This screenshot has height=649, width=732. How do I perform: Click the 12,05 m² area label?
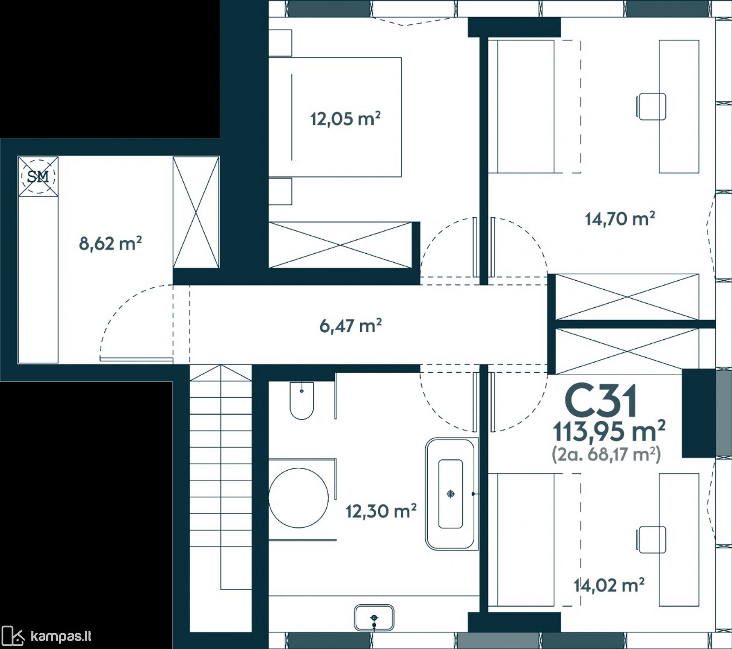[x=346, y=119]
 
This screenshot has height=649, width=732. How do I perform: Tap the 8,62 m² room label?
[x=111, y=243]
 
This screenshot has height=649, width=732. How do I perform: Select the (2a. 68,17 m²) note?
[x=606, y=455]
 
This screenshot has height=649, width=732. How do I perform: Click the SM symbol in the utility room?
[x=38, y=176]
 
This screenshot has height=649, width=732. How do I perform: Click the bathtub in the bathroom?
[x=450, y=494]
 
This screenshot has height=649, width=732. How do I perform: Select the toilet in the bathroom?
[x=302, y=401]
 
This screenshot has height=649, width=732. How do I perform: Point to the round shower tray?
[x=299, y=498]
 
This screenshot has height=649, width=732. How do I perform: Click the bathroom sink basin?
[x=374, y=618]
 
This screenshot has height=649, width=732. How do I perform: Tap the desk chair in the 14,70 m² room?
[x=651, y=107]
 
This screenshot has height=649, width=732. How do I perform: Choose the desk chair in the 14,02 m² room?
[x=651, y=540]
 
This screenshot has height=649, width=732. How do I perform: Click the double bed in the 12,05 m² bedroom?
[x=335, y=117]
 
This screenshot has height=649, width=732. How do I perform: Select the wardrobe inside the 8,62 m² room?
[x=196, y=212]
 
